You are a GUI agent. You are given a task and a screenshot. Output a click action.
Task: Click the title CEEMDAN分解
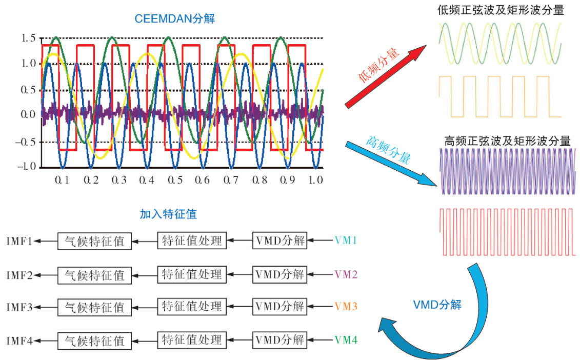tap(175, 19)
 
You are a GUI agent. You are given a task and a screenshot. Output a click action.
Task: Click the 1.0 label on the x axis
tap(315, 180)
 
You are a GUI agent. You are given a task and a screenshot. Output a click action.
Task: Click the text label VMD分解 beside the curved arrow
tap(437, 305)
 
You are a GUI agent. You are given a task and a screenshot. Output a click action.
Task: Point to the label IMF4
tap(20, 341)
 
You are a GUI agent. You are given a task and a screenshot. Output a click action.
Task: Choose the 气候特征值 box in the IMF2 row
tap(94, 275)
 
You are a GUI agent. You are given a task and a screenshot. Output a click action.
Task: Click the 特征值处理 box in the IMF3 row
tap(192, 307)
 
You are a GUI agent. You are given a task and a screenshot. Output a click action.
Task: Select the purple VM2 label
tap(346, 274)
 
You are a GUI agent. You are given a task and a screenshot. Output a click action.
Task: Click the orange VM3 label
tap(346, 307)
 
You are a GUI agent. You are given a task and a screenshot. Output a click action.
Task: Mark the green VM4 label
tap(346, 340)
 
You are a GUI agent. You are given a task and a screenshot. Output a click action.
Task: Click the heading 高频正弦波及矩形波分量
tap(507, 141)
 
